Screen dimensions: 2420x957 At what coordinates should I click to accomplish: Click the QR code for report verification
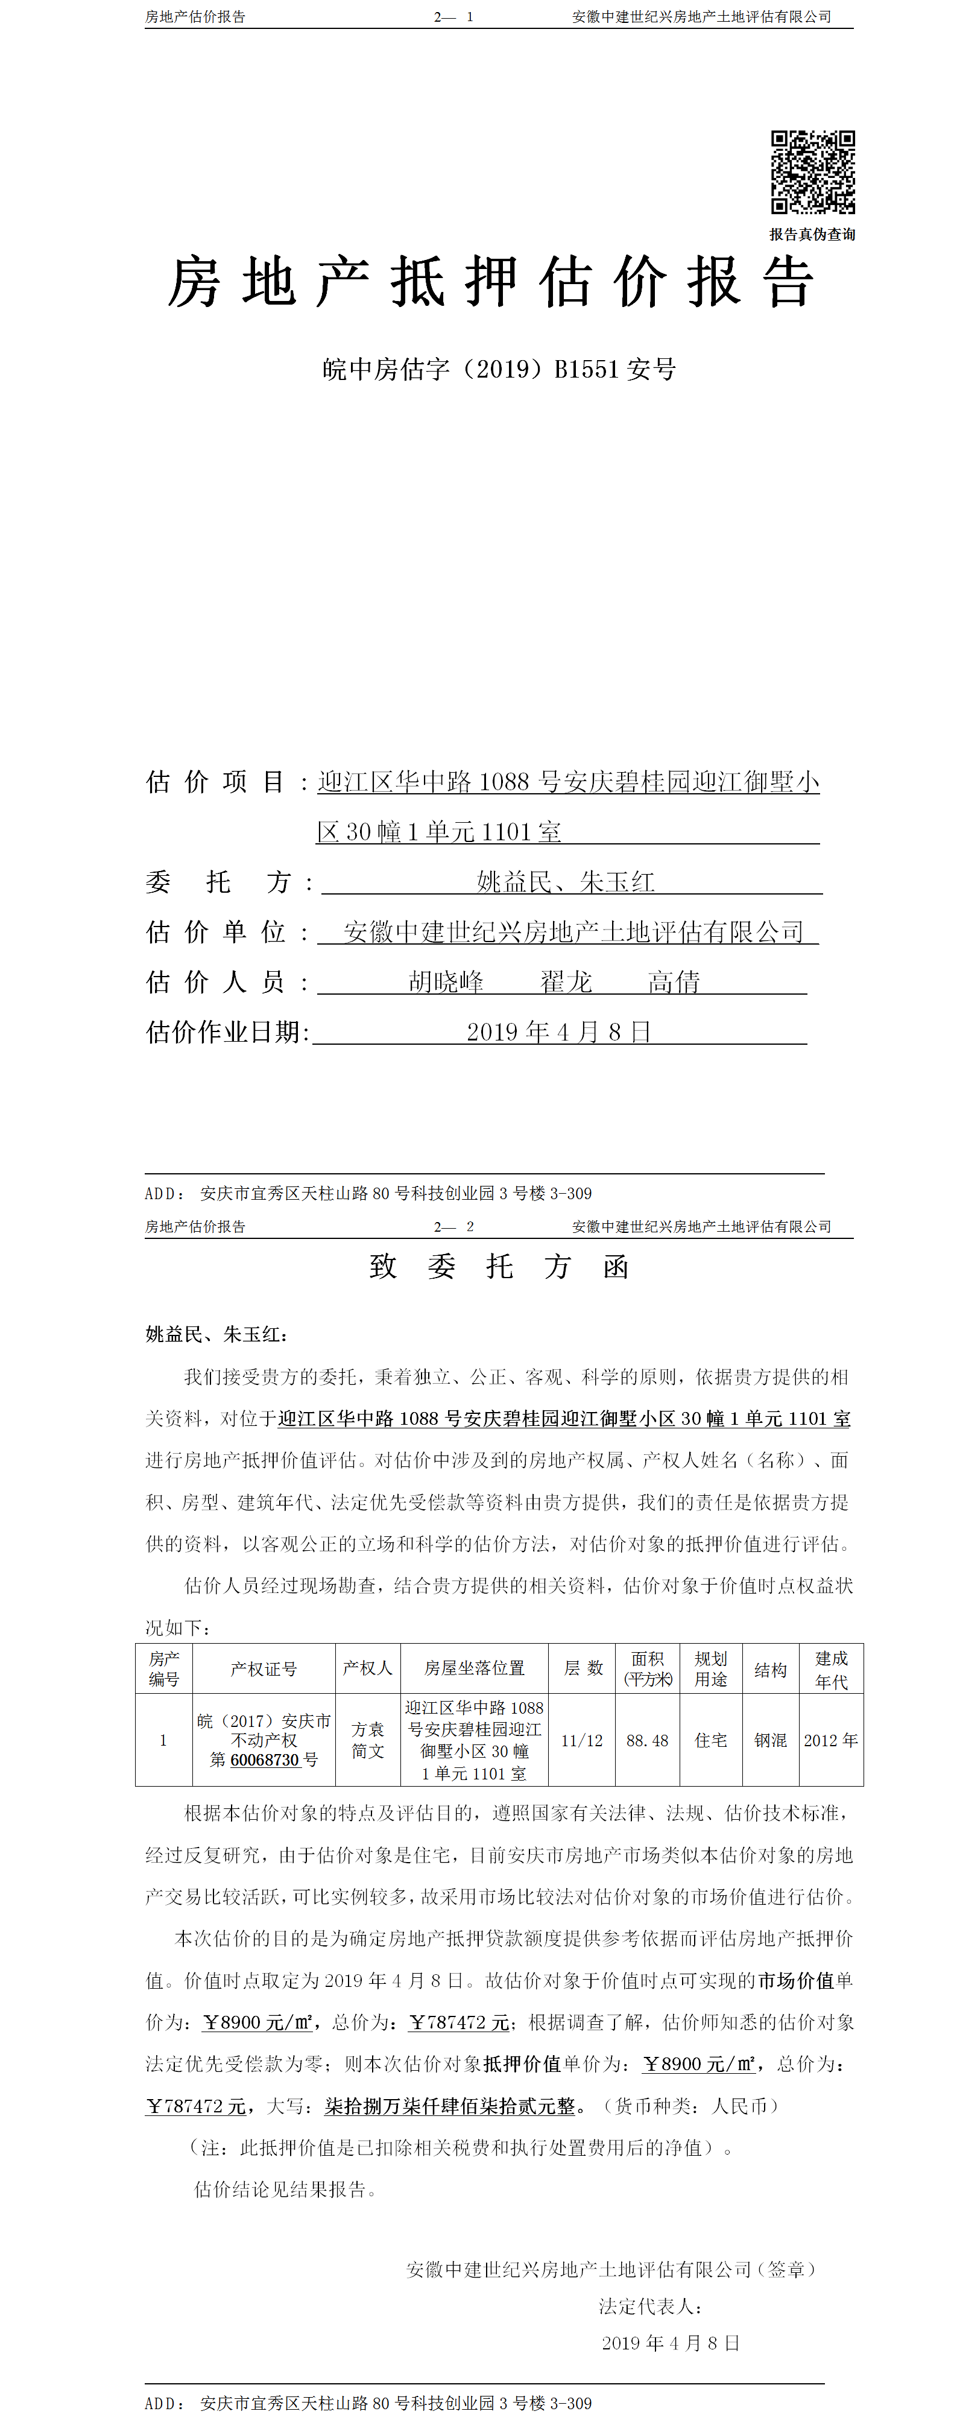pos(812,172)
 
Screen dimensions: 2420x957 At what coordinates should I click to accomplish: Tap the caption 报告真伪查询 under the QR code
pos(812,235)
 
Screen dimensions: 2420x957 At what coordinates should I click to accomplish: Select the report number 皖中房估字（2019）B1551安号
pos(499,369)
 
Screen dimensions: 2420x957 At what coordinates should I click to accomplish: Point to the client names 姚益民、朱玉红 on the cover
pos(566,881)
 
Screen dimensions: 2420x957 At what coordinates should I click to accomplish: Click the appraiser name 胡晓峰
pos(446,982)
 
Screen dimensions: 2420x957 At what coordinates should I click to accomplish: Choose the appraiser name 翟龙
pos(566,982)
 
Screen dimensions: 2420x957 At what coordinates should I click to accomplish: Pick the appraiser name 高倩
pos(674,982)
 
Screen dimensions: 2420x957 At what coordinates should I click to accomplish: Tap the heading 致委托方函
pos(499,1266)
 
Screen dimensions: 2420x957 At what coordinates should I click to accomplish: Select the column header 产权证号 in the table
pos(264,1668)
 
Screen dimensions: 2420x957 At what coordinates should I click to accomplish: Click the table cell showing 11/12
pos(581,1740)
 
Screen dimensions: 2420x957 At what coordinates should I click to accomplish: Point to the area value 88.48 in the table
pos(647,1740)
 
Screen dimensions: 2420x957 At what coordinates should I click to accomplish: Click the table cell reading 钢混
pos(770,1740)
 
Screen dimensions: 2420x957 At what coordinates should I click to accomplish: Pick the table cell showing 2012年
pos(831,1740)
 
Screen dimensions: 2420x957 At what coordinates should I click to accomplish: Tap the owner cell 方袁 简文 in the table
pos(368,1740)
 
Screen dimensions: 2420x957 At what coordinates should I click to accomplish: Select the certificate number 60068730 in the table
pos(264,1760)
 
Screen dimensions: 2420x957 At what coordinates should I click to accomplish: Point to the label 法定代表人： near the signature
pos(651,2305)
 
